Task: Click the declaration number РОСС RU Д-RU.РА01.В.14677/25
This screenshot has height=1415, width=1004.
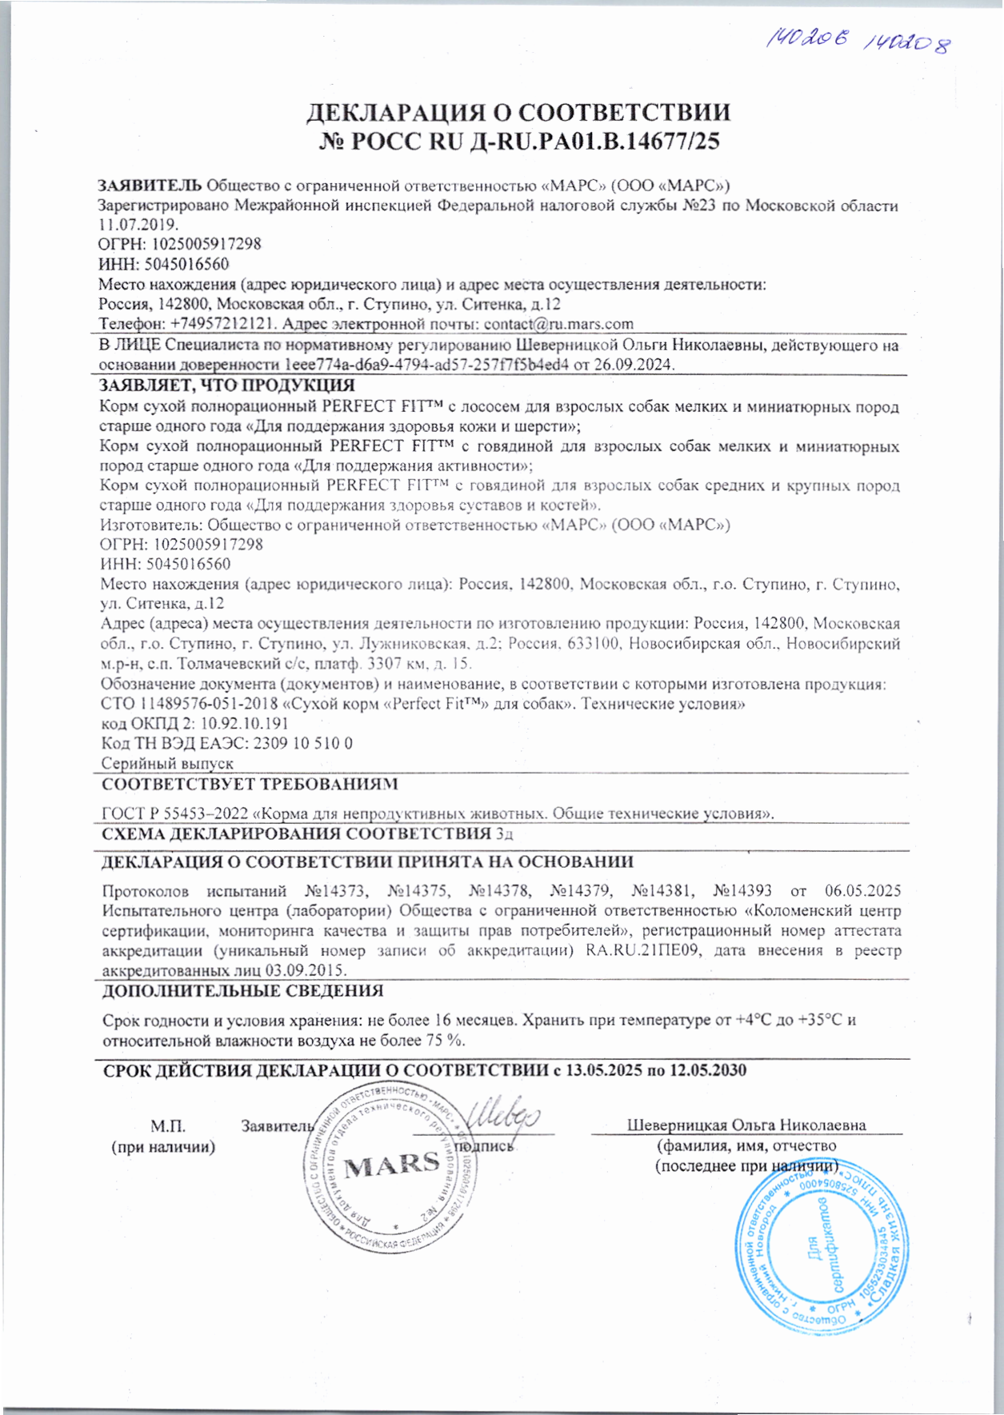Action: (x=519, y=142)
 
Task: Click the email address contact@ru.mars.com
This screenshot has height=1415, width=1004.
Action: (x=558, y=324)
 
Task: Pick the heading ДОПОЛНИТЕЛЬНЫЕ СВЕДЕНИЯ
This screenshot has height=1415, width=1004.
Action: (x=243, y=991)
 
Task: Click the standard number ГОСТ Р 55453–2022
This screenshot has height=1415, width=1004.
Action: (x=175, y=814)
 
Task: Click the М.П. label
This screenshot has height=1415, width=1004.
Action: (x=168, y=1126)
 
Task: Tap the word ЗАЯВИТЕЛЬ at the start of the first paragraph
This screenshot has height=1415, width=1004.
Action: (x=150, y=186)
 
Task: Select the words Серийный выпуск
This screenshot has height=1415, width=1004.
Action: (x=167, y=764)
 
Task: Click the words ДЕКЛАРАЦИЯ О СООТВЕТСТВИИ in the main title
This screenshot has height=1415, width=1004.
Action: (x=519, y=112)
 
